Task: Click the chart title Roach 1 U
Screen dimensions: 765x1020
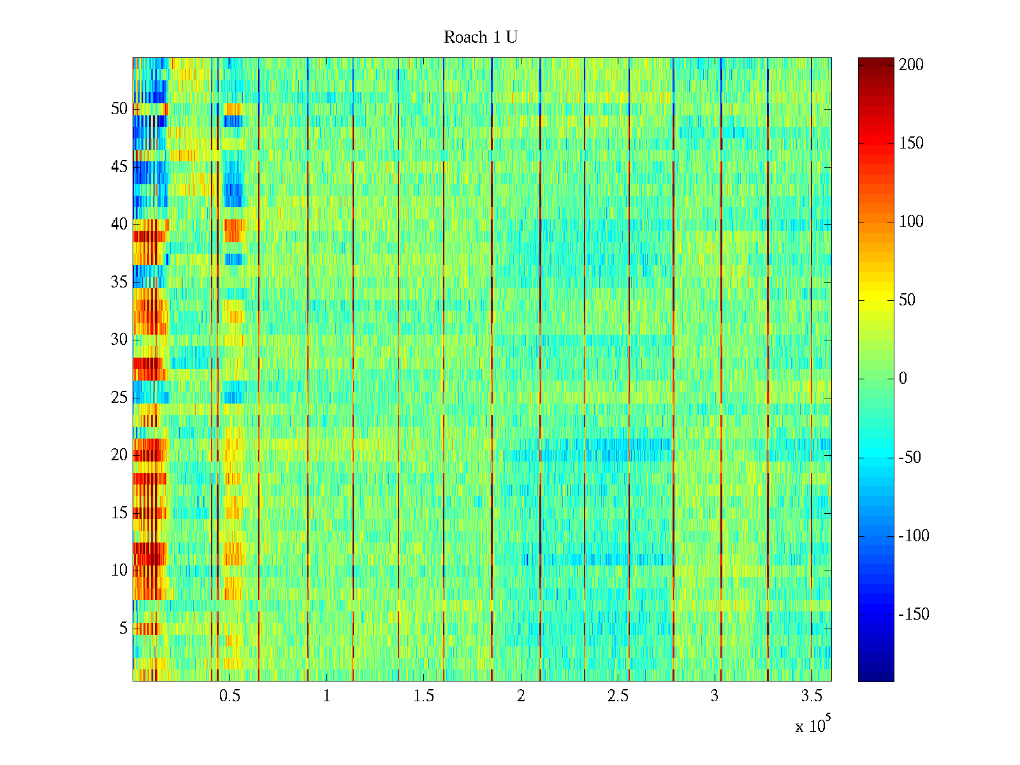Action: click(x=480, y=38)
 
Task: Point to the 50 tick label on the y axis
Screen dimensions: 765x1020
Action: click(x=119, y=108)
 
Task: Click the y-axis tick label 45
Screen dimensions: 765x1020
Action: click(x=119, y=167)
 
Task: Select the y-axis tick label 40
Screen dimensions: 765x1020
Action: click(x=119, y=224)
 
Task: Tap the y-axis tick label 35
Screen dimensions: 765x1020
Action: click(x=119, y=282)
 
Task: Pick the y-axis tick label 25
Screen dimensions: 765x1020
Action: click(x=119, y=398)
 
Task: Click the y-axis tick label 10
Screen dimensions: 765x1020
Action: click(x=119, y=571)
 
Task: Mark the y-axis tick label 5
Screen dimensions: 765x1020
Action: click(x=123, y=629)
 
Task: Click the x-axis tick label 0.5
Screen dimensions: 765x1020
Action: click(x=229, y=696)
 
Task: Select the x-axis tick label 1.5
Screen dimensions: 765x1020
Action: click(x=424, y=696)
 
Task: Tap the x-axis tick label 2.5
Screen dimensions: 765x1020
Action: click(x=618, y=696)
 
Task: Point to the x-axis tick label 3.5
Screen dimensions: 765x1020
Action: click(x=812, y=696)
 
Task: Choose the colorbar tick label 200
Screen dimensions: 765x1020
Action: click(x=912, y=65)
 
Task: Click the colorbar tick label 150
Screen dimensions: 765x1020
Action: click(x=912, y=143)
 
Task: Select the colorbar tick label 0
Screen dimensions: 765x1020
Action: click(x=903, y=379)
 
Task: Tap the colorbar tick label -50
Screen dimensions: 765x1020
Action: click(x=910, y=458)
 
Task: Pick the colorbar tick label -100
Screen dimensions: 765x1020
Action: click(x=914, y=536)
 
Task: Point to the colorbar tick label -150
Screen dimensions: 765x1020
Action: click(x=914, y=615)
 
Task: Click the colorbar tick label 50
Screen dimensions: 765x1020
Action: click(x=907, y=300)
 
